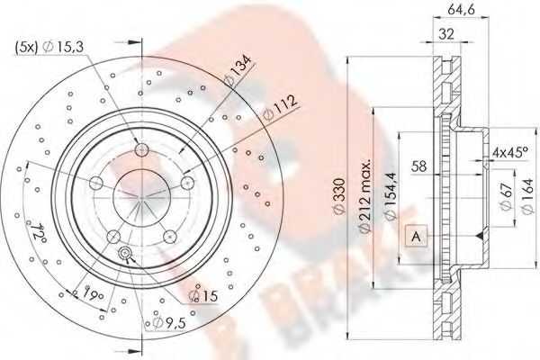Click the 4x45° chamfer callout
tap(512, 153)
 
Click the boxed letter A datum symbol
tap(415, 235)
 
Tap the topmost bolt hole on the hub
tap(141, 148)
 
